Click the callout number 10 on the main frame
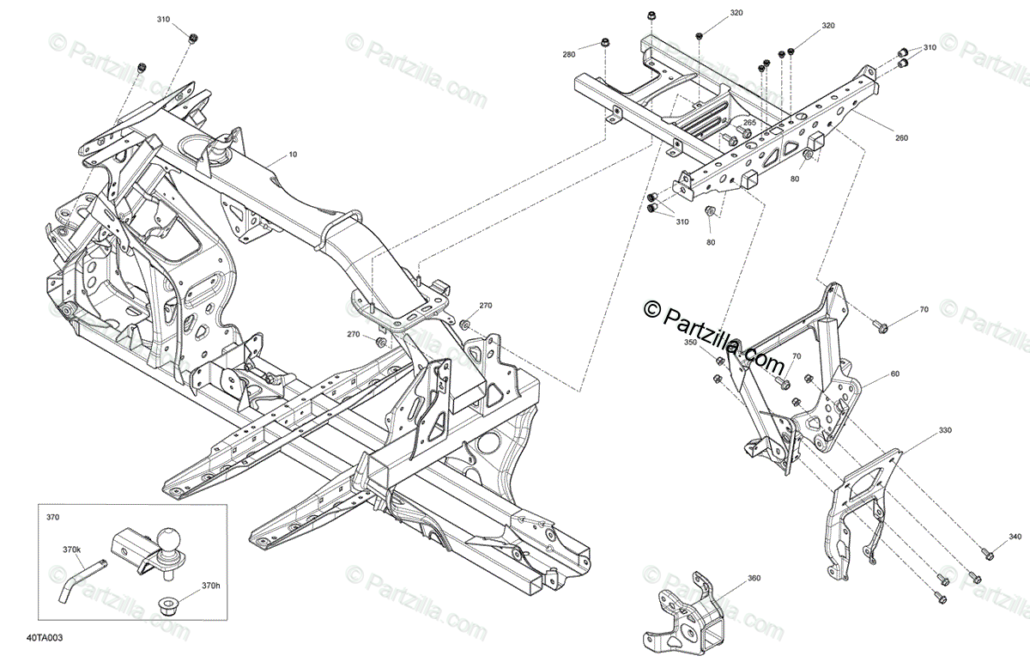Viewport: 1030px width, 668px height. (294, 155)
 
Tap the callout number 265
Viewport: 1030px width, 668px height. (749, 123)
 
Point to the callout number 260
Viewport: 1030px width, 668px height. (901, 137)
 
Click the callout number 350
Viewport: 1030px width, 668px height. (691, 343)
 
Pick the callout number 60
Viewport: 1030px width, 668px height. (895, 373)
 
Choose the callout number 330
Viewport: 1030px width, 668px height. (944, 429)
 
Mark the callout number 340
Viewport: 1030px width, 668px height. (1015, 537)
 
